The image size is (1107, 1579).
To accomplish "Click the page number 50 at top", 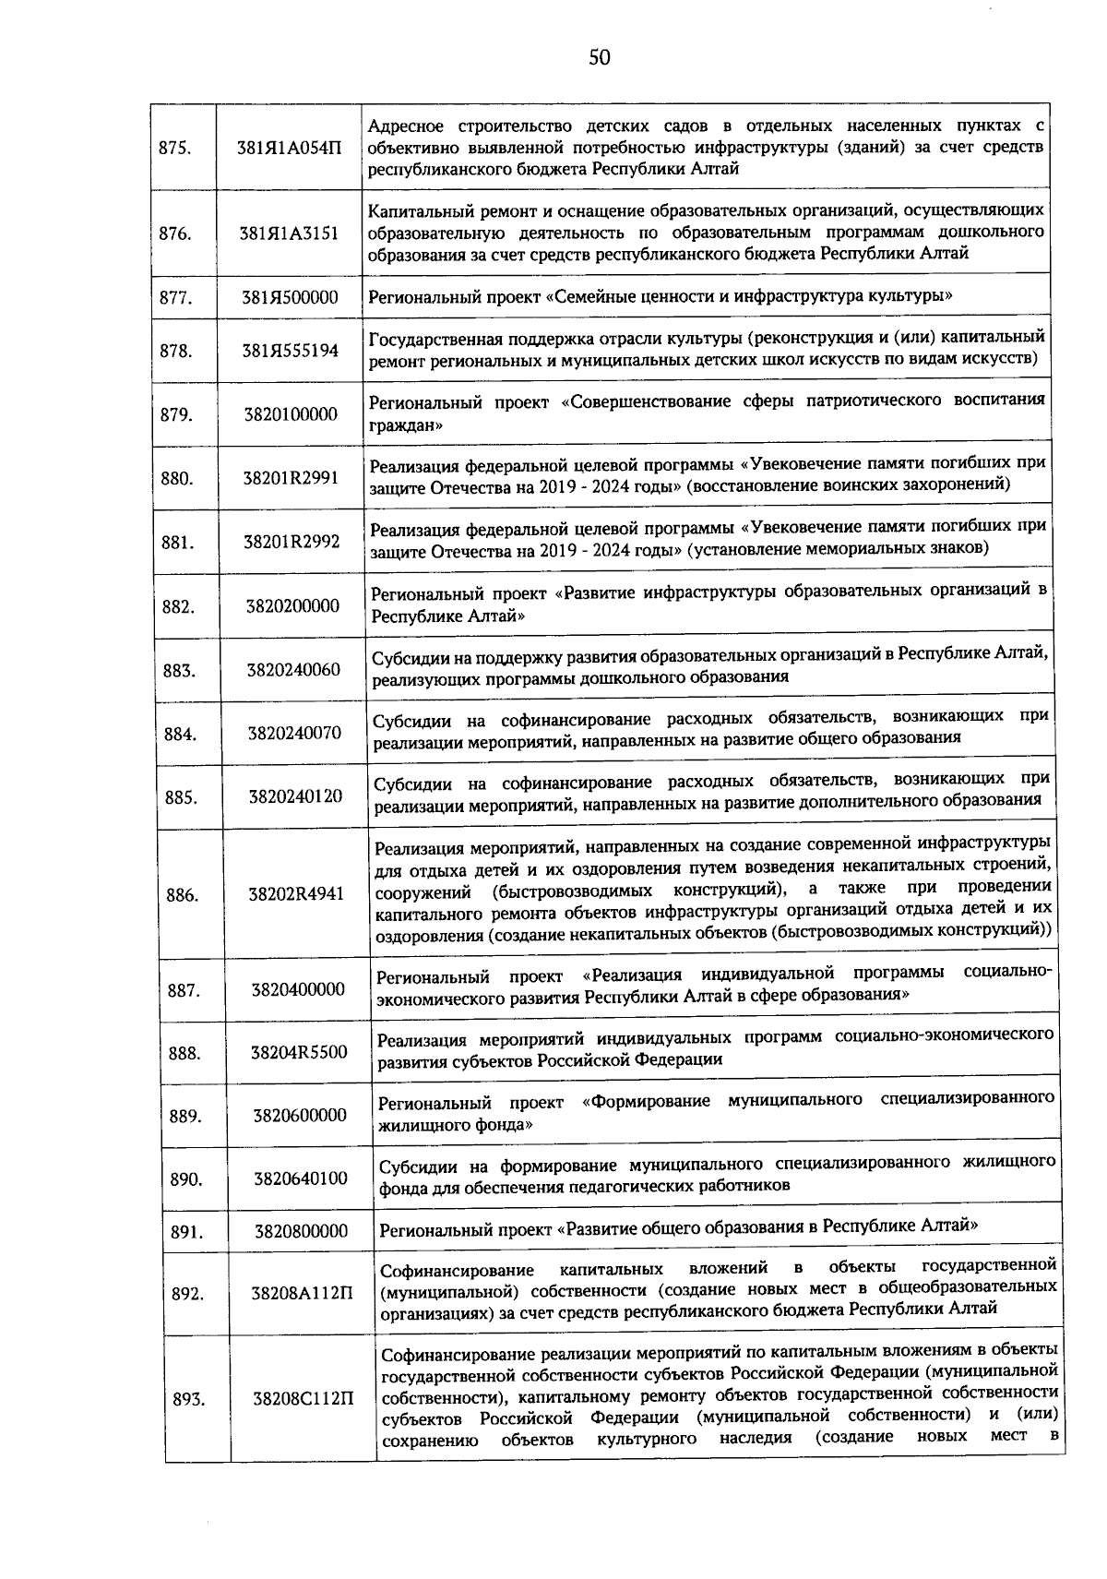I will pyautogui.click(x=600, y=58).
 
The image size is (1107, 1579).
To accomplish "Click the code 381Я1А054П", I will pyautogui.click(x=289, y=149).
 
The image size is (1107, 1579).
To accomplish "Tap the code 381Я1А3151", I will pyautogui.click(x=289, y=233).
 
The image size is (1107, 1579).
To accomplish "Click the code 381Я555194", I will pyautogui.click(x=290, y=351).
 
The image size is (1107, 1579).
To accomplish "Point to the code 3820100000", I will pyautogui.click(x=291, y=414).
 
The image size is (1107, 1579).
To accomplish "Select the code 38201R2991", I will pyautogui.click(x=291, y=478).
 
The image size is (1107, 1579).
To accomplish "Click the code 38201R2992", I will pyautogui.click(x=292, y=542).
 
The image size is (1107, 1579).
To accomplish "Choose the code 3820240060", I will pyautogui.click(x=292, y=670).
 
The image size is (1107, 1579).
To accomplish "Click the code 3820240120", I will pyautogui.click(x=294, y=795).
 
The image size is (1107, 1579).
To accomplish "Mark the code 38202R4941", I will pyautogui.click(x=296, y=893).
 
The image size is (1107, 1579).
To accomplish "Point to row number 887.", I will pyautogui.click(x=184, y=990).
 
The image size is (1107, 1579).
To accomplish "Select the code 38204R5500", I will pyautogui.click(x=299, y=1052).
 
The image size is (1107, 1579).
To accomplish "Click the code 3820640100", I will pyautogui.click(x=301, y=1178).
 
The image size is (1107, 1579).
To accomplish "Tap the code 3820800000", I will pyautogui.click(x=302, y=1231).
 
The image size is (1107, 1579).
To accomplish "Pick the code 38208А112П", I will pyautogui.click(x=303, y=1294).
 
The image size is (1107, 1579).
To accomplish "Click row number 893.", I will pyautogui.click(x=188, y=1400).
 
